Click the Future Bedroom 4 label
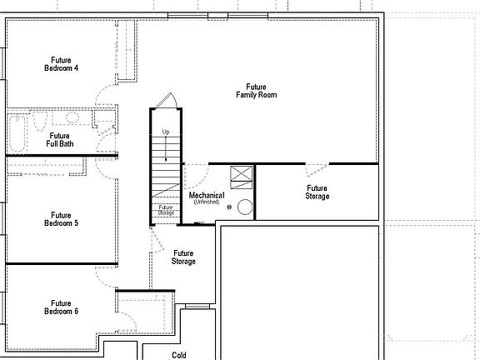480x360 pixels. click(x=61, y=64)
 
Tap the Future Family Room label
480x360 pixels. click(x=255, y=91)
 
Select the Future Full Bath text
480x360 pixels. click(x=60, y=139)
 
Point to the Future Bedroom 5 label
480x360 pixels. click(x=61, y=219)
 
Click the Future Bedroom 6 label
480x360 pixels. click(x=61, y=307)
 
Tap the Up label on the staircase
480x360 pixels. click(x=166, y=132)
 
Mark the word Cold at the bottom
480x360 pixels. click(x=178, y=355)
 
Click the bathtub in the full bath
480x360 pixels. click(x=18, y=131)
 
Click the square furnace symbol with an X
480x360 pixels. click(x=241, y=176)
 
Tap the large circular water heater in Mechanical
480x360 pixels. click(x=246, y=207)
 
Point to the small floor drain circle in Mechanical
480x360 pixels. click(x=228, y=210)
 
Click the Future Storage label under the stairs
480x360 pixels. click(x=166, y=211)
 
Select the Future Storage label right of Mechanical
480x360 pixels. click(x=317, y=192)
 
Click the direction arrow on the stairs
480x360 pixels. click(x=166, y=148)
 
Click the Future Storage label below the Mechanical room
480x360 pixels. click(x=183, y=257)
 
